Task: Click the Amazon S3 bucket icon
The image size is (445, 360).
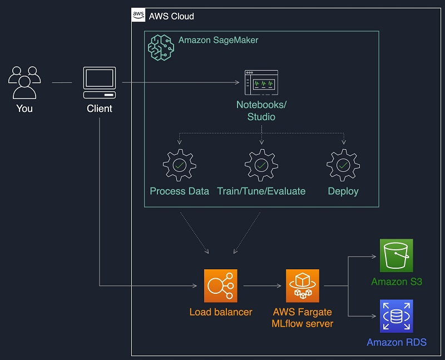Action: coord(396,256)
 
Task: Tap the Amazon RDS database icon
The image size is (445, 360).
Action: coord(396,315)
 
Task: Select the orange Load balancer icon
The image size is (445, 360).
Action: coord(220,286)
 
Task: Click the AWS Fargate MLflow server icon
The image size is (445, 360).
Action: coord(302,286)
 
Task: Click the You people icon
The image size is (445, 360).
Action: coord(24,82)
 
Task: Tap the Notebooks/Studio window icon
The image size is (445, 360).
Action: coord(261,83)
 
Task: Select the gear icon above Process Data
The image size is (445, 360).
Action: coord(179,165)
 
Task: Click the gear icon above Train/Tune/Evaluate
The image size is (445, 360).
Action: coord(261,165)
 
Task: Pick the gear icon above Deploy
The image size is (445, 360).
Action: coord(343,165)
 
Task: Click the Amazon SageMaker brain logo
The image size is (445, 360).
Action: coord(161,47)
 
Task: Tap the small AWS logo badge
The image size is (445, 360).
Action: coord(139,16)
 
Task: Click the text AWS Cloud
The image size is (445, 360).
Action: coord(171,16)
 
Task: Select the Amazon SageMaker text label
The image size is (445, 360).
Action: coord(218,40)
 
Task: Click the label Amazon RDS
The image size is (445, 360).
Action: coord(396,342)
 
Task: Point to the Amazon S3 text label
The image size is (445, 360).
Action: coord(396,282)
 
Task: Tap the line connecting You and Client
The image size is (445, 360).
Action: coord(62,83)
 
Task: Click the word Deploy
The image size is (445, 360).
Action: coord(343,191)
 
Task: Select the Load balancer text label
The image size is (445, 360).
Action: coord(220,312)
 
